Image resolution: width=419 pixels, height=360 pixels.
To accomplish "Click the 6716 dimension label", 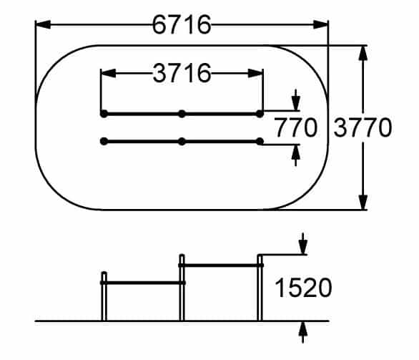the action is click(182, 24).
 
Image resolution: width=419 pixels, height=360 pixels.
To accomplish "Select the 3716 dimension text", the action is click(182, 73).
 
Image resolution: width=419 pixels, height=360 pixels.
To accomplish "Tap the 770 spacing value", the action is click(296, 127).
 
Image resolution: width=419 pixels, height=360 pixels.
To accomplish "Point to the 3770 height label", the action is click(363, 128).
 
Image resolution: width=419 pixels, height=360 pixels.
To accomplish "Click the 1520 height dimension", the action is click(303, 288).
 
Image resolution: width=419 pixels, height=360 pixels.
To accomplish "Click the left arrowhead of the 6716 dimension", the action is click(43, 24).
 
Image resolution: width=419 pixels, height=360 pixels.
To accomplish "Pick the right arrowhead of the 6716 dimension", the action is click(320, 24).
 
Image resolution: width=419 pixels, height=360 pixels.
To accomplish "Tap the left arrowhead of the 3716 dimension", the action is click(108, 73).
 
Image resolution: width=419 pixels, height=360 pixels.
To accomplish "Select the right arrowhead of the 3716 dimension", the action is click(256, 73).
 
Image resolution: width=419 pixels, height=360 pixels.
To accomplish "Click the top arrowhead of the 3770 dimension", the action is click(363, 53).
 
